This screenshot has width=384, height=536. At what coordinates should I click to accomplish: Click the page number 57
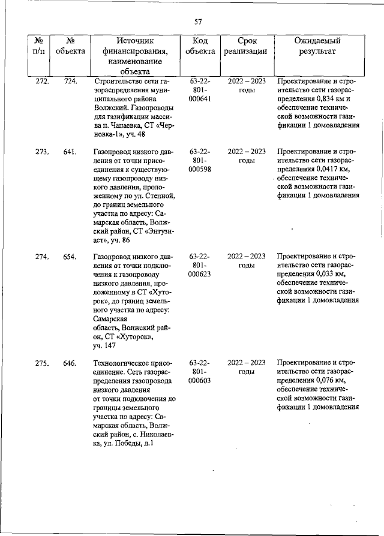[198, 22]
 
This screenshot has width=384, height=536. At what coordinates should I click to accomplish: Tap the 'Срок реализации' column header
[246, 46]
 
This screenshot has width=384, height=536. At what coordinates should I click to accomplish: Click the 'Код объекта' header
[200, 46]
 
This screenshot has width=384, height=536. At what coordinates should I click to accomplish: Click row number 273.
[42, 152]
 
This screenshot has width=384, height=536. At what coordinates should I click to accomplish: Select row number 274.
[42, 257]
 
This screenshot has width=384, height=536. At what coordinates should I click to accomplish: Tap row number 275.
[42, 363]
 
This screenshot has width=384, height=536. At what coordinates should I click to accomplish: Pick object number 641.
[70, 152]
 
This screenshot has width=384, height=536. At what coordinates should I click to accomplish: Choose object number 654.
[70, 257]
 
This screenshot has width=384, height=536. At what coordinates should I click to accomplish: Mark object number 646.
[70, 363]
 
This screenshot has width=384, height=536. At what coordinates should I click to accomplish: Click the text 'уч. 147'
[106, 346]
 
